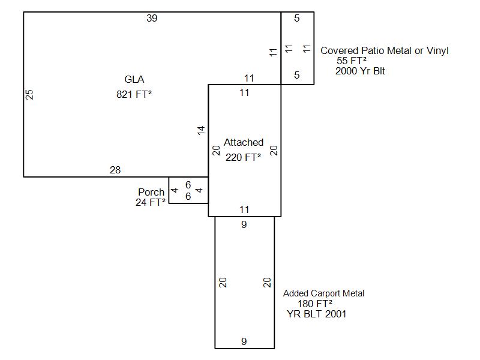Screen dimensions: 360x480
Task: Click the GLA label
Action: [134, 79]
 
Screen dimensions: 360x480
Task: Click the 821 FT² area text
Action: [134, 94]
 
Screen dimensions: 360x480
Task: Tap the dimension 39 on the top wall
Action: [152, 19]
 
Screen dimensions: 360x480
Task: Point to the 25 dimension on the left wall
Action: [29, 94]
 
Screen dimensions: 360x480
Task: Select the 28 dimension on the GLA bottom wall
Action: [115, 170]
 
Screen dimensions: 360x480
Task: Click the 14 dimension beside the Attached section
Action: [202, 130]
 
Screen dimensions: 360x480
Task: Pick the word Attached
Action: [244, 143]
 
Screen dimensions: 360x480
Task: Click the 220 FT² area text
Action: [244, 158]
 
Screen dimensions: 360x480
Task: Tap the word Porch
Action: [151, 192]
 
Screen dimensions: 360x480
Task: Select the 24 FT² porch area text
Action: [151, 202]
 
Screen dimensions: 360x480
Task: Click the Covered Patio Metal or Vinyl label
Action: [385, 51]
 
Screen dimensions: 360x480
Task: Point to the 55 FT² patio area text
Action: [352, 61]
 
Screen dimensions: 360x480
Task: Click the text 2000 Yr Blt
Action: [361, 71]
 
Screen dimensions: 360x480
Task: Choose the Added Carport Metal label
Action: [324, 293]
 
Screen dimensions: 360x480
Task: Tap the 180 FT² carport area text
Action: [315, 304]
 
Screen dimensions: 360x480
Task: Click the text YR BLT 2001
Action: [316, 314]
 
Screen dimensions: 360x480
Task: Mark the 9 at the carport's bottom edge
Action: [244, 342]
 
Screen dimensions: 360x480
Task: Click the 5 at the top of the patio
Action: [297, 19]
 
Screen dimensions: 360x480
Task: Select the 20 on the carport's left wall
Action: [223, 282]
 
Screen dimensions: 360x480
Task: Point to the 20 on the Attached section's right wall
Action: [274, 150]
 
